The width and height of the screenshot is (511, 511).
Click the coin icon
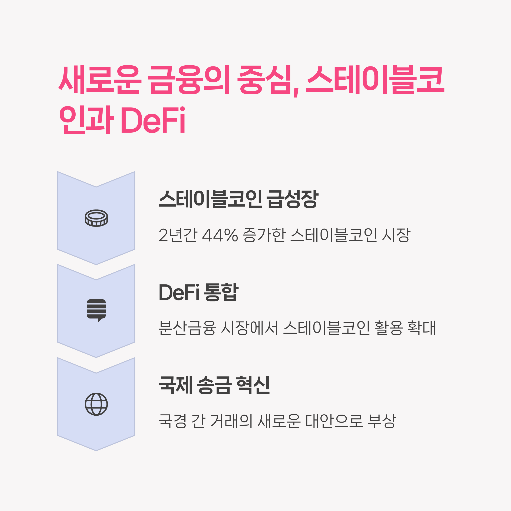(x=96, y=218)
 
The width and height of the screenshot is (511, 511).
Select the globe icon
(x=96, y=404)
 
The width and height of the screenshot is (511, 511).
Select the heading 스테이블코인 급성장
(x=238, y=199)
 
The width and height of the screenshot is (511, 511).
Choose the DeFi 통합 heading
(x=199, y=292)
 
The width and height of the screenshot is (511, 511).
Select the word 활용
(x=388, y=328)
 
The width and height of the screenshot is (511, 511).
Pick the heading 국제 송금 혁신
(x=214, y=385)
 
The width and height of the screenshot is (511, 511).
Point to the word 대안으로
(x=334, y=421)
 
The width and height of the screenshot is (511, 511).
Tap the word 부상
(x=382, y=421)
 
